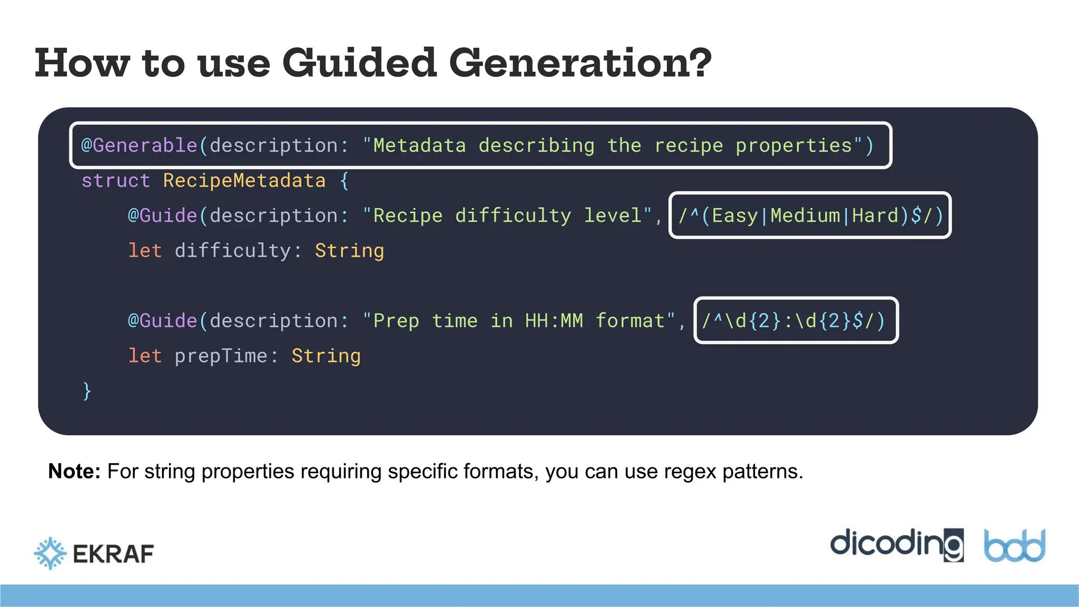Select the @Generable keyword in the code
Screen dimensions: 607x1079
coord(140,145)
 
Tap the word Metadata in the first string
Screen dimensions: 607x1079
coord(419,145)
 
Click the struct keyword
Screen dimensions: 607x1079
coord(116,181)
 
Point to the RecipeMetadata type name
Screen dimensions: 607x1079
coord(244,181)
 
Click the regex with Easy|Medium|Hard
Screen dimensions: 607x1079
coord(810,216)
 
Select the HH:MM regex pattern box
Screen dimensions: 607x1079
coord(796,320)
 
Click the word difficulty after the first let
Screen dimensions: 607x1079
coord(232,251)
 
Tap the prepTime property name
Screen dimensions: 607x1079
coord(221,356)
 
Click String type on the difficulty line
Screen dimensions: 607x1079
coord(349,251)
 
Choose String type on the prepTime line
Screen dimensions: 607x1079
coord(326,356)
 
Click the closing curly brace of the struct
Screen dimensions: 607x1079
coord(87,391)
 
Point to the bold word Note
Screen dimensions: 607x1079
coord(74,471)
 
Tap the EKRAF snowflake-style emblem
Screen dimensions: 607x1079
coord(51,553)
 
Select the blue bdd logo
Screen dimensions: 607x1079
coord(1015,546)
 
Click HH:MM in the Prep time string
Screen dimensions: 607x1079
coord(554,320)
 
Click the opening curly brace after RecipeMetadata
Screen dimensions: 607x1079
coord(344,181)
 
